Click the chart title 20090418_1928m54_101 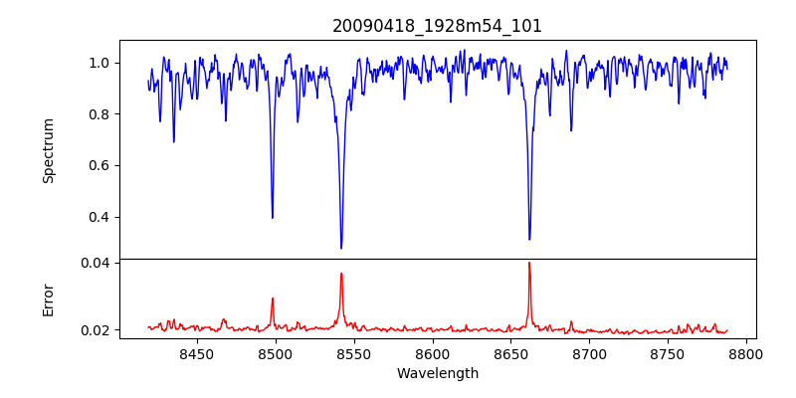pos(437,26)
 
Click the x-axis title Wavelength pos(437,374)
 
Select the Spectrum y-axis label pos(48,150)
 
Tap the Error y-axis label pos(48,299)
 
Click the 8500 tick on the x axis pos(275,353)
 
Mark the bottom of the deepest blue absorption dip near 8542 pos(341,248)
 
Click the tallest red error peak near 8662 pos(529,264)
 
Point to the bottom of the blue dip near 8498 pos(273,217)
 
